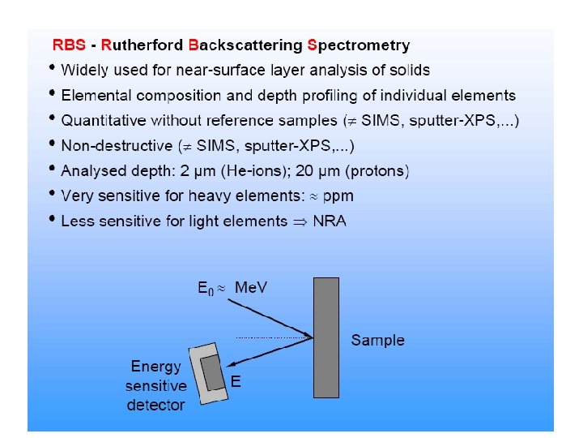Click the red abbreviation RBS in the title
69,45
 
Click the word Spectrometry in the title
359,45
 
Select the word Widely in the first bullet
85,71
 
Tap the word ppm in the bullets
337,196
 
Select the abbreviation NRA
329,221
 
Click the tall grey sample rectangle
326,337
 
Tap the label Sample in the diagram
378,340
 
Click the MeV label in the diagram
251,288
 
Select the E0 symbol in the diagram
206,289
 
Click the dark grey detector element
213,373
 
